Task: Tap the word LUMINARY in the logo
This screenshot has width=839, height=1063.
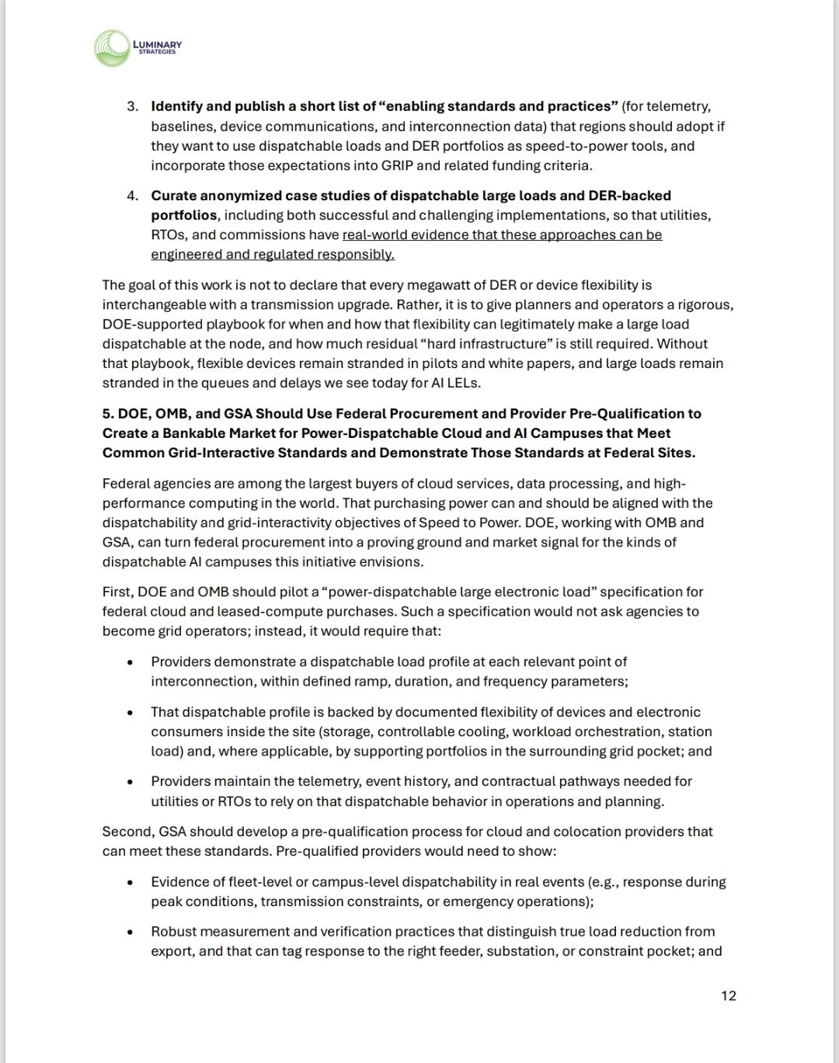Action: click(x=158, y=44)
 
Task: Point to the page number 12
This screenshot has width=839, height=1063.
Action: click(x=728, y=995)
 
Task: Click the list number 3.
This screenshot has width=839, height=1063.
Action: click(x=132, y=106)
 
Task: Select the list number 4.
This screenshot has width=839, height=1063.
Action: click(x=132, y=196)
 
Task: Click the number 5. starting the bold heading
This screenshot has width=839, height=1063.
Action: click(x=108, y=414)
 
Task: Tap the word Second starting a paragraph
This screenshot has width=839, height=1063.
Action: click(x=127, y=832)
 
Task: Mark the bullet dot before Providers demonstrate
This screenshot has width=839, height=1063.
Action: click(x=131, y=662)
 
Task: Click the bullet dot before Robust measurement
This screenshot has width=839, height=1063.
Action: click(x=131, y=932)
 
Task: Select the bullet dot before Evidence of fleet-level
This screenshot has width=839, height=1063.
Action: click(x=131, y=882)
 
